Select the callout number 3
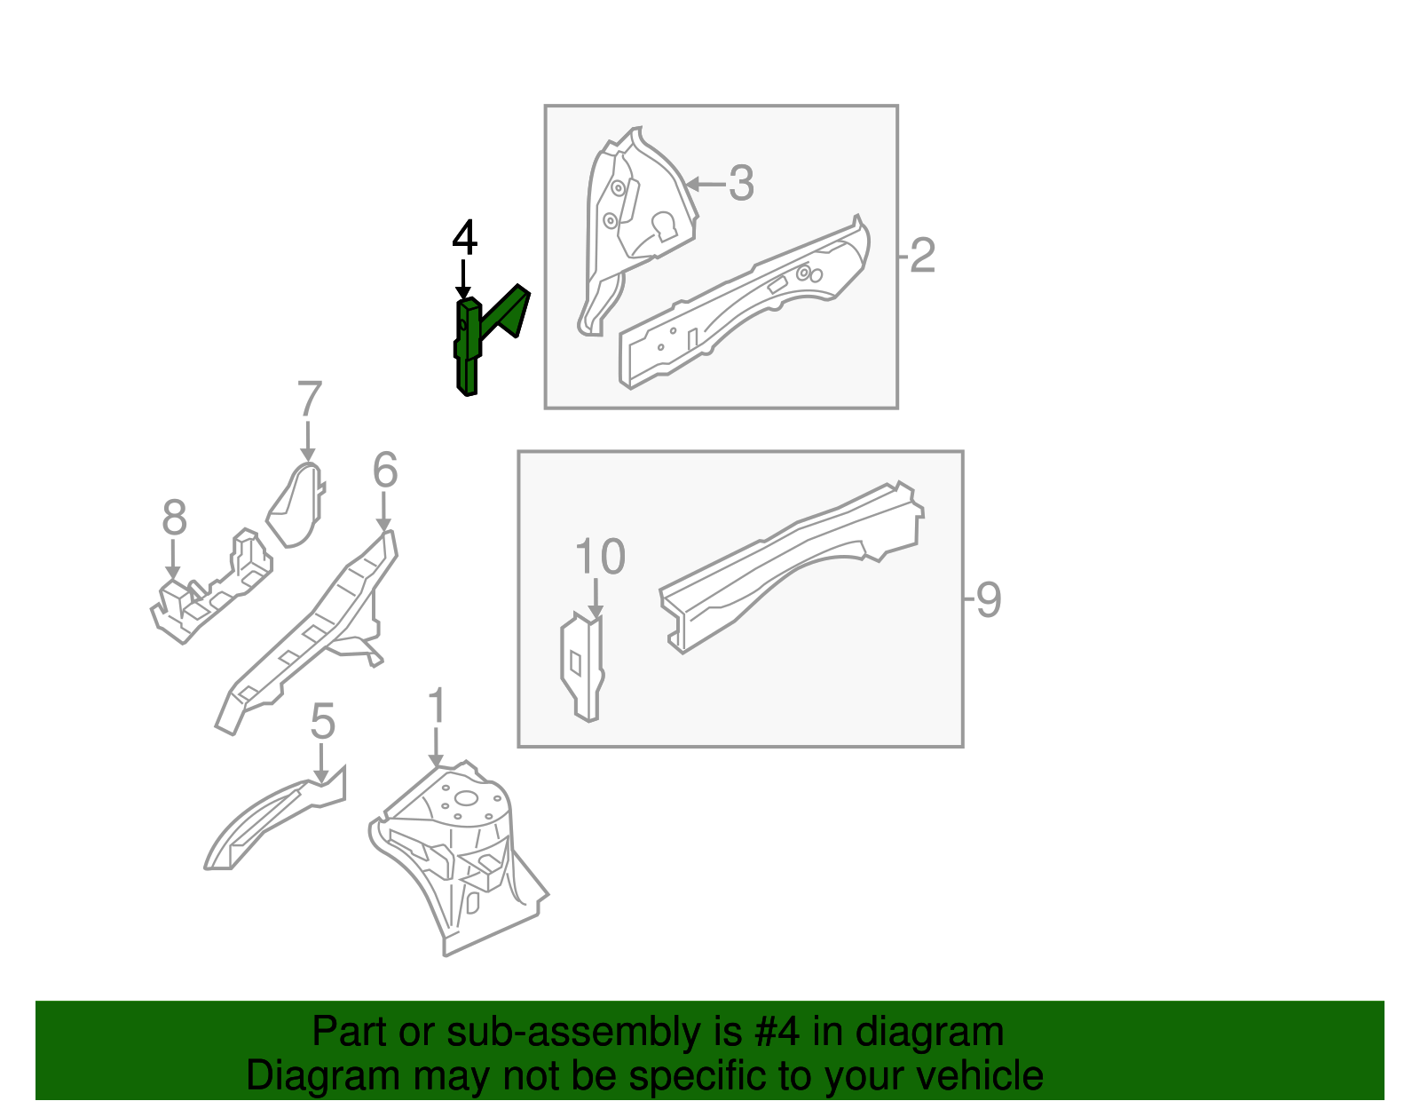741,183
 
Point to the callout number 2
922,256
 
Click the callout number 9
988,600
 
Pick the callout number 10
600,557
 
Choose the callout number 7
309,399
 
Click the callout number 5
323,722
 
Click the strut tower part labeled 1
457,856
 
